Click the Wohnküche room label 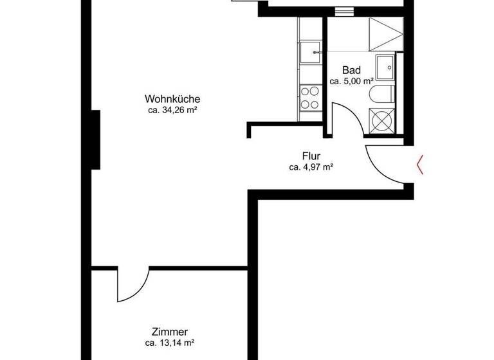[x=172, y=99]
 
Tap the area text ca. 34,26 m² [x=172, y=110]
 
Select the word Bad [x=351, y=70]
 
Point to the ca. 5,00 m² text [x=352, y=81]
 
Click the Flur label [x=311, y=156]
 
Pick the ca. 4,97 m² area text [x=311, y=167]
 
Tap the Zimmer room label [x=170, y=332]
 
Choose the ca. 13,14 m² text [x=170, y=343]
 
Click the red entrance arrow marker [x=420, y=165]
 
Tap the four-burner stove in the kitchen [x=310, y=98]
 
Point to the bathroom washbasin [x=386, y=65]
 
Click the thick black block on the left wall [x=96, y=139]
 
